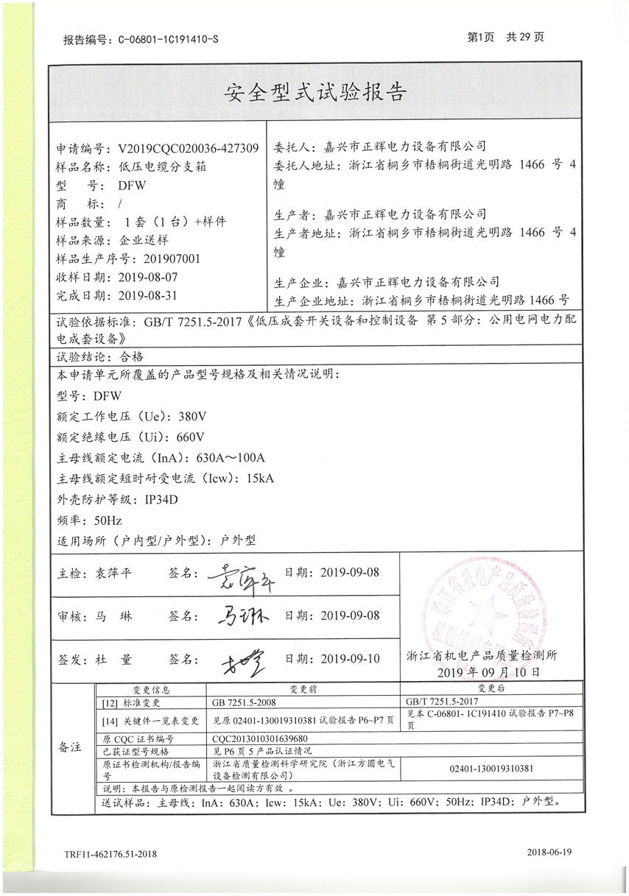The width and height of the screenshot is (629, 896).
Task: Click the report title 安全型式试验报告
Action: point(314,92)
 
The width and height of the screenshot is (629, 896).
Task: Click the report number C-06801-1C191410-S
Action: point(169,39)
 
